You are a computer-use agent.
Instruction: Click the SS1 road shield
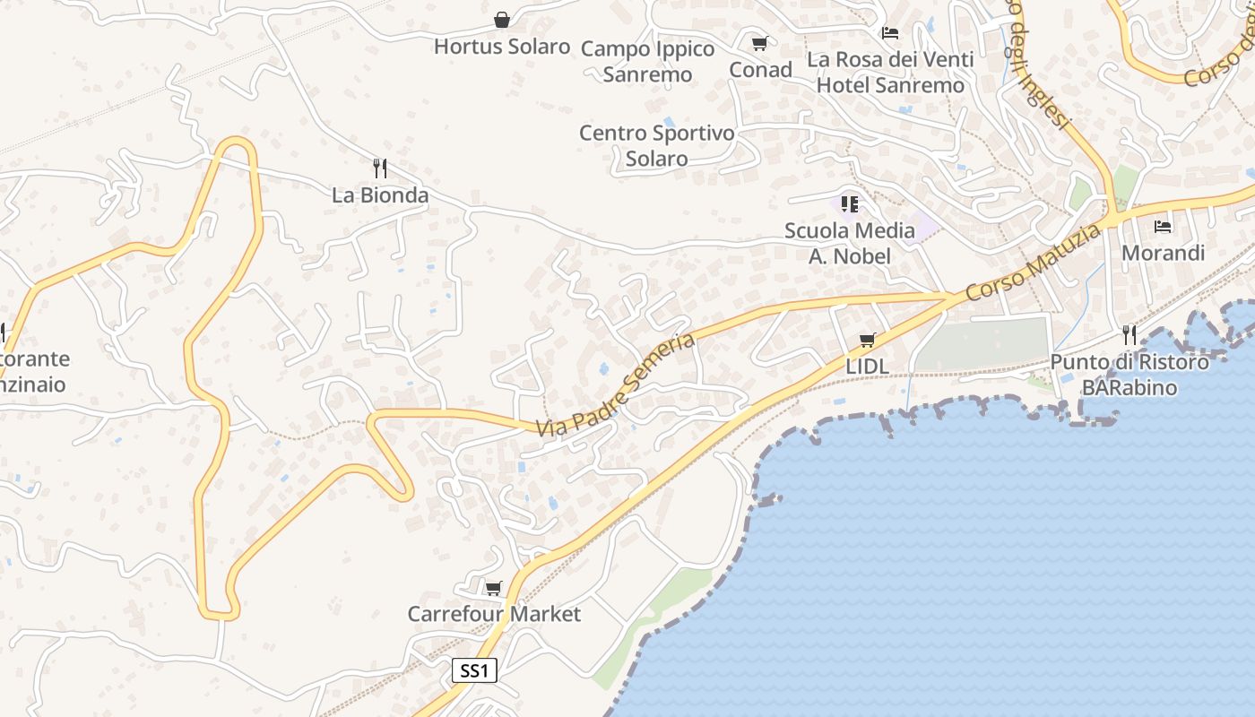[474, 670]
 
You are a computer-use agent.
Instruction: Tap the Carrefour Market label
[494, 614]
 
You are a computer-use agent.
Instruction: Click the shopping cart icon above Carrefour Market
[493, 588]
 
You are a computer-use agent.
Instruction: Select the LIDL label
[867, 367]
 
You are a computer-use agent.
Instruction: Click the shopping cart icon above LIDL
[867, 341]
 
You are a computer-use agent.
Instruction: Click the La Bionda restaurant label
[380, 194]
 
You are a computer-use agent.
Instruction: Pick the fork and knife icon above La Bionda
[380, 168]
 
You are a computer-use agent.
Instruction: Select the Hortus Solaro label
[502, 47]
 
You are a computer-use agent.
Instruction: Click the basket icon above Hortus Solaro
[502, 20]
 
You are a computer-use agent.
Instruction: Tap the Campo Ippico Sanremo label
[647, 61]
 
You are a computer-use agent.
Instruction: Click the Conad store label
[760, 69]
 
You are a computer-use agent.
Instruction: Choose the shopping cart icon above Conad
[760, 43]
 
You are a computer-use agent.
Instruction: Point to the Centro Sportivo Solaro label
[657, 145]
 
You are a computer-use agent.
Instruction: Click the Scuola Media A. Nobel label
[850, 243]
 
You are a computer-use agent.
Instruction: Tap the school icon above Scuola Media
[850, 204]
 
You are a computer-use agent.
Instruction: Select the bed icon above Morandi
[1164, 226]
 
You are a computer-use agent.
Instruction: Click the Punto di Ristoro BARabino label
[1129, 375]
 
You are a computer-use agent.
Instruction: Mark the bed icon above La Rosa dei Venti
[890, 33]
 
